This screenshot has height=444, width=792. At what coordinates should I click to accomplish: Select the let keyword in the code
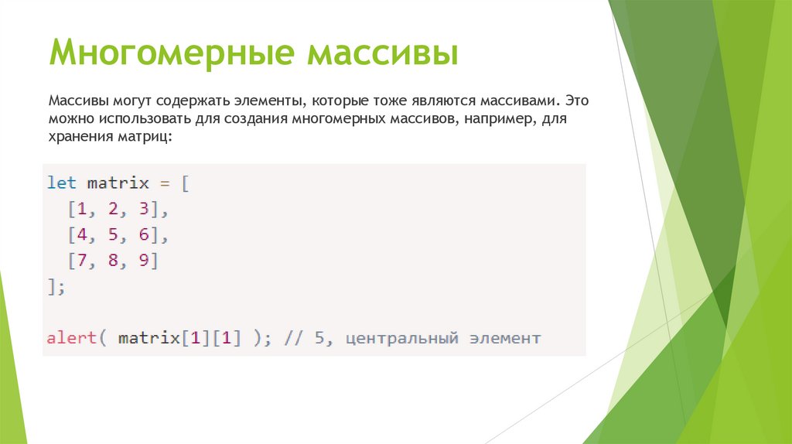pyautogui.click(x=62, y=183)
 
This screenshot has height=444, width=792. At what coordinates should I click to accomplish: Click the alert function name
pyautogui.click(x=72, y=339)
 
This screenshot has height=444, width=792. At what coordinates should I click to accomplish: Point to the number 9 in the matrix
pyautogui.click(x=143, y=261)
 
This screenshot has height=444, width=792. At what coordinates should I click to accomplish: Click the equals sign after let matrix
pyautogui.click(x=163, y=183)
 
